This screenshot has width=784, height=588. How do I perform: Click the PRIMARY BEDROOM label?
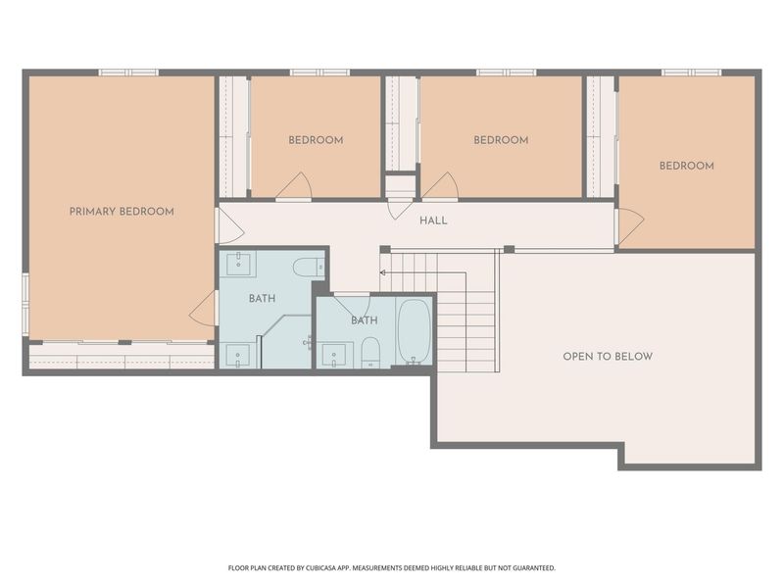(122, 212)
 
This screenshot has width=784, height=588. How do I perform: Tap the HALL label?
(433, 220)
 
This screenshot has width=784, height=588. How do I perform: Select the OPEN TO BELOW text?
(608, 357)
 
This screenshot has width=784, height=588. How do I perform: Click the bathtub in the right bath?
(414, 331)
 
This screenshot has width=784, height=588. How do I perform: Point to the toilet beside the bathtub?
(370, 352)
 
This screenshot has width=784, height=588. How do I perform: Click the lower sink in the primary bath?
(238, 355)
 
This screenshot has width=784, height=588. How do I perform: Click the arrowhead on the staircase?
(382, 273)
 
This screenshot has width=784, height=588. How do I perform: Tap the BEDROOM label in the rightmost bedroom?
(687, 166)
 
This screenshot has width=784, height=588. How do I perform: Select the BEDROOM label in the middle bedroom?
(501, 140)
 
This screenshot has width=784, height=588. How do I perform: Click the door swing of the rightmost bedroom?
(630, 225)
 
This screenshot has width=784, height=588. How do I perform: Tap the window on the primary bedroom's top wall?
(128, 73)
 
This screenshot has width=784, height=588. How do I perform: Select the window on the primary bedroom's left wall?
(25, 305)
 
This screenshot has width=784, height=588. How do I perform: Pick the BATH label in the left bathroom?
(262, 299)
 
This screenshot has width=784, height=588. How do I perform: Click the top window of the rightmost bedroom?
(692, 73)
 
